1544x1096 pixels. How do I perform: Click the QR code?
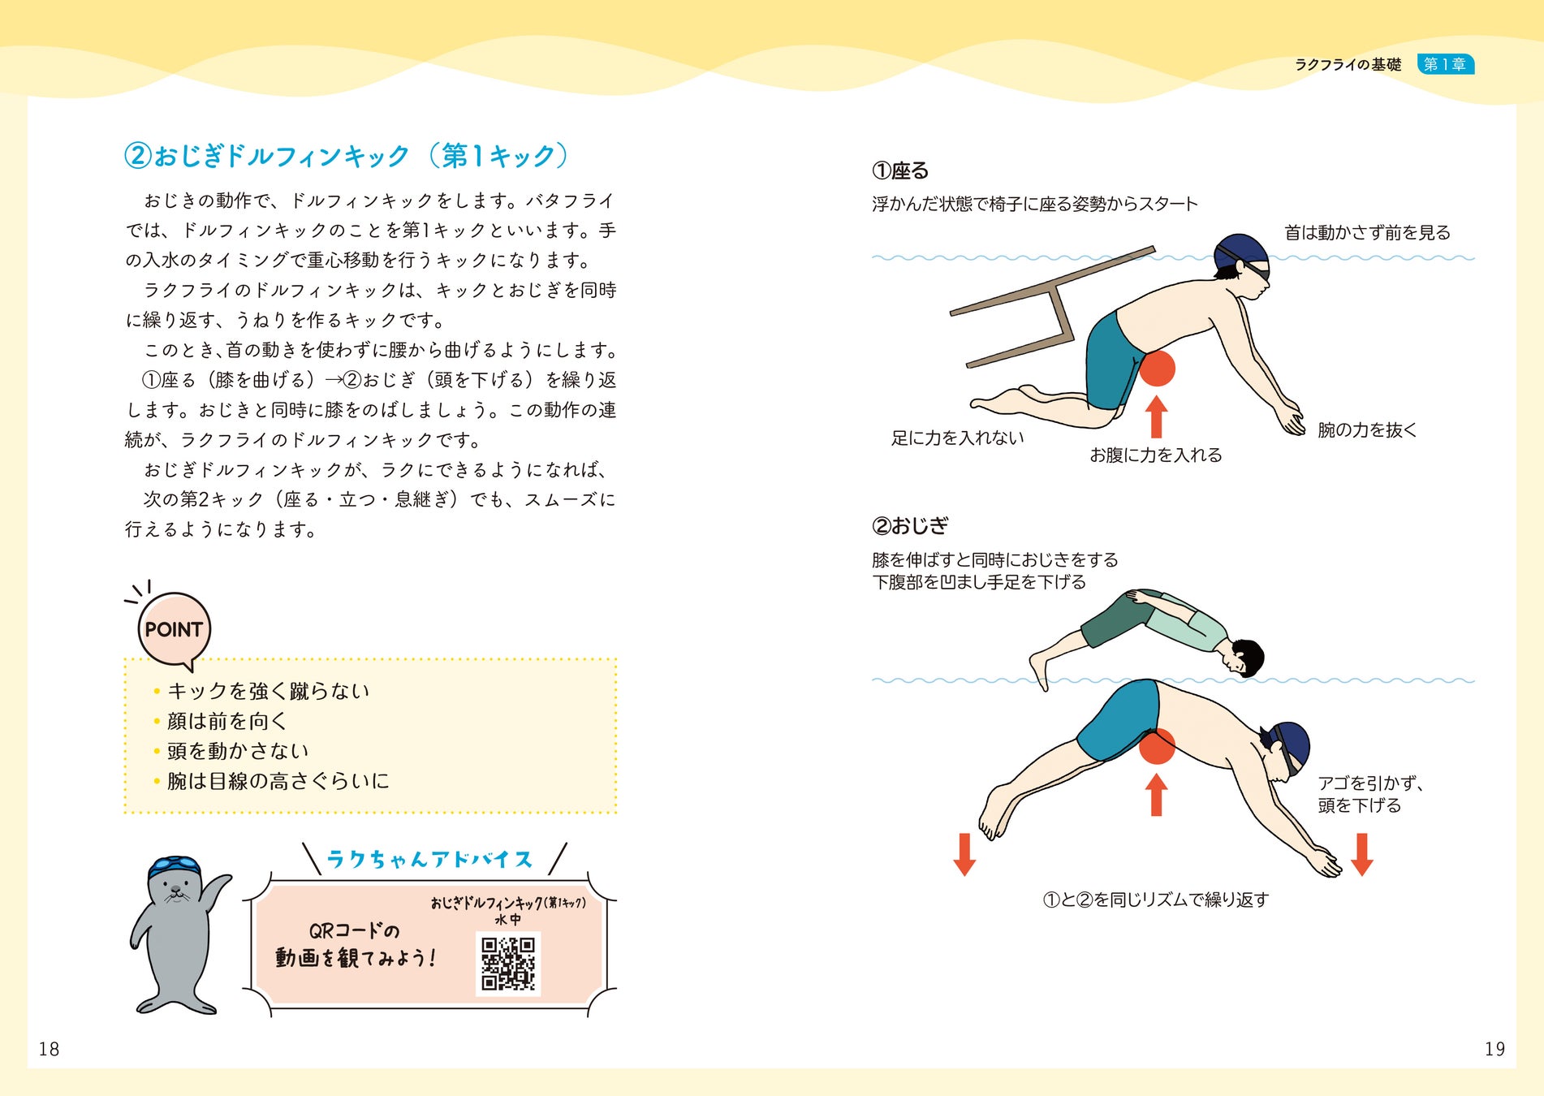(508, 964)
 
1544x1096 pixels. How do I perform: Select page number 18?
(49, 1049)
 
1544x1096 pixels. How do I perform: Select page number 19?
(1494, 1049)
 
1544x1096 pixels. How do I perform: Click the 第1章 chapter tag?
(1446, 64)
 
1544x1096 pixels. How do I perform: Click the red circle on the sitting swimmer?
(1157, 368)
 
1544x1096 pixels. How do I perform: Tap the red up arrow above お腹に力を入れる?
(1157, 417)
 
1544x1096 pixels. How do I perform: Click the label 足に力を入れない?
(958, 438)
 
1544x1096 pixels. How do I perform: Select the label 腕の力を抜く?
(1367, 430)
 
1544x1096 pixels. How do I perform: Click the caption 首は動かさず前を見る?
(1367, 233)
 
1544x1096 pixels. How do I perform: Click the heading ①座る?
(900, 171)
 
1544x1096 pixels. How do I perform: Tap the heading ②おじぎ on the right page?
(910, 526)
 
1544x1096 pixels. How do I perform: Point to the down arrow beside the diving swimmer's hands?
(1362, 854)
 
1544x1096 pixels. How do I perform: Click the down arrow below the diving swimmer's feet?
(964, 854)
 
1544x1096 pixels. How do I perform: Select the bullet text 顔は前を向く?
(227, 721)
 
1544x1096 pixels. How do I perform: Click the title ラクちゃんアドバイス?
(429, 859)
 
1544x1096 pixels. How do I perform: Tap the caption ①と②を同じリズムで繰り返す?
(1156, 900)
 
